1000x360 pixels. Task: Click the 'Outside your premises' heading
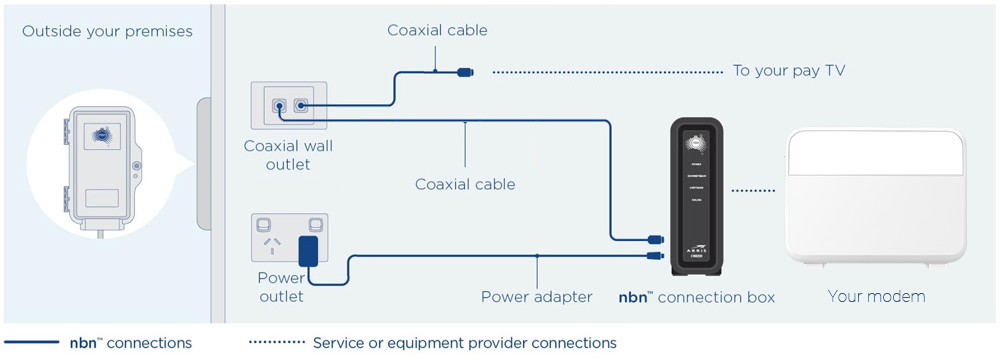point(107,31)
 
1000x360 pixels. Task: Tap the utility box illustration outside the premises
point(103,169)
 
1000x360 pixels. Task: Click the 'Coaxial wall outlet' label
point(288,155)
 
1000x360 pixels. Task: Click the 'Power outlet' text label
point(281,287)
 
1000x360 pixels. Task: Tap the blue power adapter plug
point(313,251)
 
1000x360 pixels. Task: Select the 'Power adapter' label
point(536,296)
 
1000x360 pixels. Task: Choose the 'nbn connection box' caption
point(696,297)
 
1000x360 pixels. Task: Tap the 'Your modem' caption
point(876,296)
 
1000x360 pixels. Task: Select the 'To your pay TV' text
point(789,71)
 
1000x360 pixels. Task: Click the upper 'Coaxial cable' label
point(437,30)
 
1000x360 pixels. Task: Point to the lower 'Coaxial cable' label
point(465,184)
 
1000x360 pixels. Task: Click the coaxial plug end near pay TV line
point(465,72)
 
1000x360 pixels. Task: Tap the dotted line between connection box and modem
point(752,190)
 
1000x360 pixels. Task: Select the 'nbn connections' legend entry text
point(130,343)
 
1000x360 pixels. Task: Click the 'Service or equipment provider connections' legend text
point(464,343)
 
